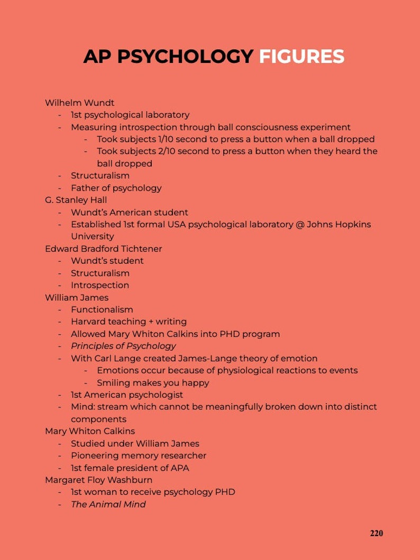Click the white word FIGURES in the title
tap(301, 56)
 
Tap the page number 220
tap(376, 533)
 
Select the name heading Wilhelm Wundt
tap(79, 103)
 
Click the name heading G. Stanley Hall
tap(76, 200)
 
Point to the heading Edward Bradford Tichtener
tap(103, 248)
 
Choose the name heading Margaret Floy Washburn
tap(98, 480)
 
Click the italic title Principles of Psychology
tap(123, 346)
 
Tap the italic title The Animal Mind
tap(108, 504)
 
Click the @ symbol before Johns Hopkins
tap(300, 224)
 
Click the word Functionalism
tap(102, 309)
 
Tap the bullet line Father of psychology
tap(116, 188)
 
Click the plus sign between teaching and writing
tap(151, 322)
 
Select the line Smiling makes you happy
tap(153, 383)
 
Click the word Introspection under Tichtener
tap(99, 285)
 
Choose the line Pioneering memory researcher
tap(138, 456)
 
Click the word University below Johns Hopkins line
tap(92, 236)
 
